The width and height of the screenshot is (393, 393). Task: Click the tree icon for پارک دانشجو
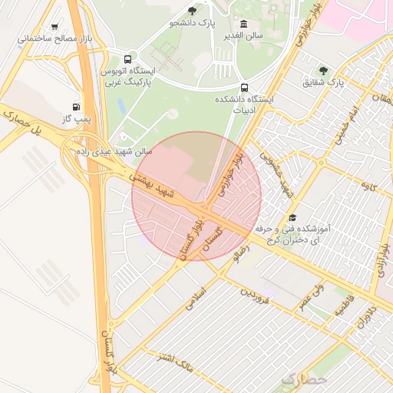coord(192,11)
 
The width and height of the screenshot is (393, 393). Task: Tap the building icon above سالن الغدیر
coord(244,24)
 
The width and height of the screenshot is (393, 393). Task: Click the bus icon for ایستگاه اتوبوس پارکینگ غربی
coord(127,59)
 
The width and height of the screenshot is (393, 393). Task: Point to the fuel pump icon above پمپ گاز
coord(75,107)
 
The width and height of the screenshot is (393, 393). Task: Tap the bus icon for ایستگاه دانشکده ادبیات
coord(244,87)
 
